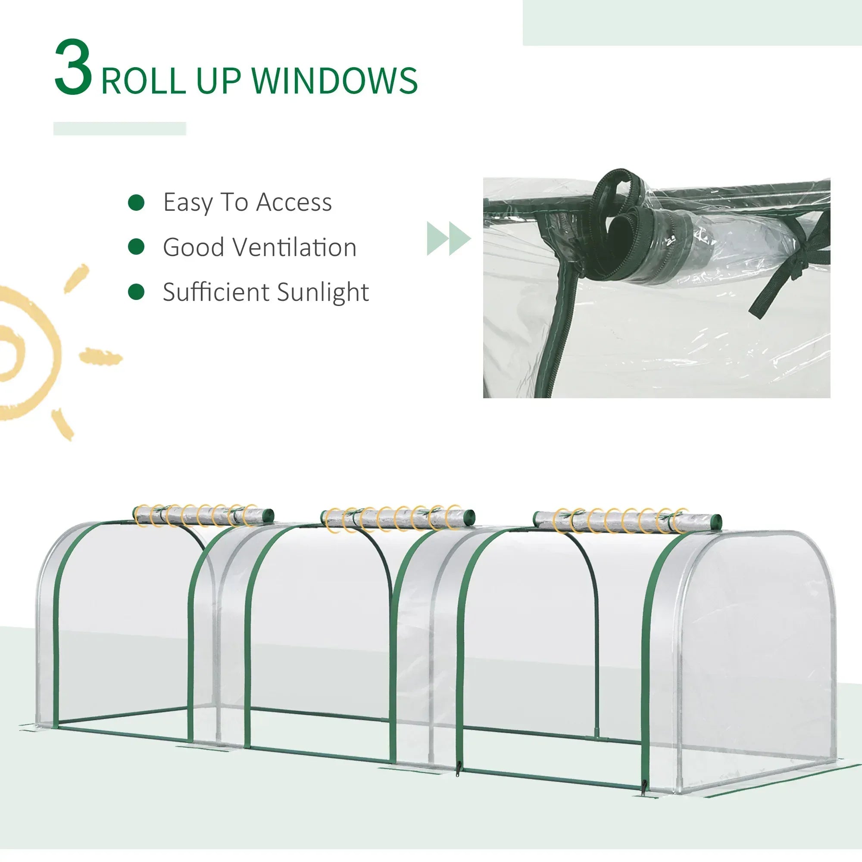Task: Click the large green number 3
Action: [73, 67]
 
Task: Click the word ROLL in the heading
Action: [144, 81]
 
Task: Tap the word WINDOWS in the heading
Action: [334, 81]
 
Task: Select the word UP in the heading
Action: [219, 81]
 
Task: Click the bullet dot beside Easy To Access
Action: [136, 202]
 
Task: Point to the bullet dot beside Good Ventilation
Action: [136, 247]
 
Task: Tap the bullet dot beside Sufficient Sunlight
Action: [136, 292]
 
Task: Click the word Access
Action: [294, 202]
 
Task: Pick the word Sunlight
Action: [322, 293]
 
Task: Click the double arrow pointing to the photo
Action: [449, 238]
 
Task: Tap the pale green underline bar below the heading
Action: [119, 128]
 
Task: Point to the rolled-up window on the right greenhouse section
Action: [627, 520]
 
